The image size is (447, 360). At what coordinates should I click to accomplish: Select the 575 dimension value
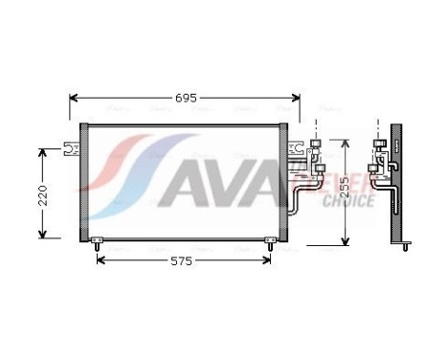pyautogui.click(x=182, y=260)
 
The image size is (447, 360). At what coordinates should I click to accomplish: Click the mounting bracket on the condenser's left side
pyautogui.click(x=68, y=148)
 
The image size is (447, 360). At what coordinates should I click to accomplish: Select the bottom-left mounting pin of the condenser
pyautogui.click(x=96, y=245)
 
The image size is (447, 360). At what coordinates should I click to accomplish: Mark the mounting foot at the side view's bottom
pyautogui.click(x=406, y=246)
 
